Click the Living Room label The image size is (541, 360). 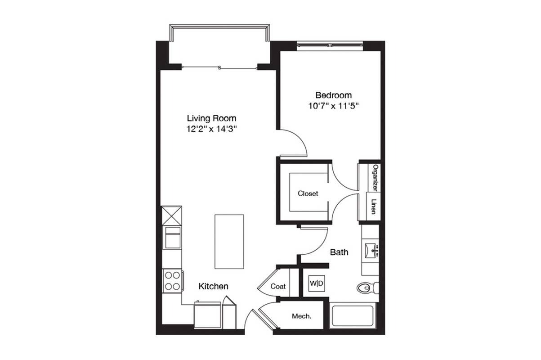211,118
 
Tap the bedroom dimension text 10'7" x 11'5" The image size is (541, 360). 334,106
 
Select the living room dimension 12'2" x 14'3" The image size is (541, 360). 211,129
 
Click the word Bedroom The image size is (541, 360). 334,95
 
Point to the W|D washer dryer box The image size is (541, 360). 317,283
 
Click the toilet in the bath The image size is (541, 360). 367,288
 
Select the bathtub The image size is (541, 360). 353,315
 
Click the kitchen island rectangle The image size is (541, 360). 229,242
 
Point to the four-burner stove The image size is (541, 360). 172,281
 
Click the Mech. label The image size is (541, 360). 302,316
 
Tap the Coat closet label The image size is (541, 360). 278,286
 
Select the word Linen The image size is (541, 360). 374,207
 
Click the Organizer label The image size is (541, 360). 375,178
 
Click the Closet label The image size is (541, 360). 308,193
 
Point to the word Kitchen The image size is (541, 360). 213,286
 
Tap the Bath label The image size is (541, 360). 339,252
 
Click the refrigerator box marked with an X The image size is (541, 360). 172,216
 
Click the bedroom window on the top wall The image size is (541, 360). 330,45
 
